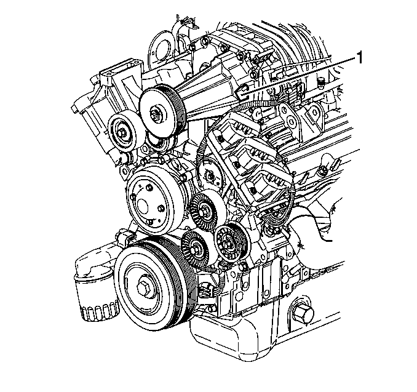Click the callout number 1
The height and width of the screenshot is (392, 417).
coord(359,58)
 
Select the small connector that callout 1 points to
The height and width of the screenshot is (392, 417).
coord(242,92)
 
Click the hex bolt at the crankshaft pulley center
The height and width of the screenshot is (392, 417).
coord(143,287)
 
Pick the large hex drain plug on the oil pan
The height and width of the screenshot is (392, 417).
coord(303,314)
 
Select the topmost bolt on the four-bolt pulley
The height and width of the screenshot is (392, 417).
coord(149,188)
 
